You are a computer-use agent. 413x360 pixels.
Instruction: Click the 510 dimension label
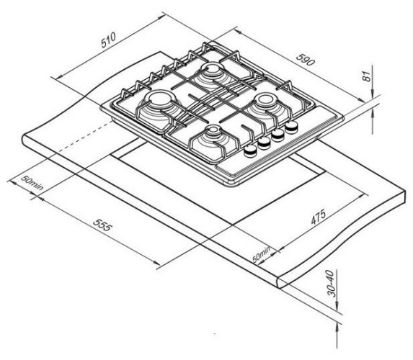click(x=109, y=40)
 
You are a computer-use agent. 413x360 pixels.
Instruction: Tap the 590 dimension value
click(x=306, y=60)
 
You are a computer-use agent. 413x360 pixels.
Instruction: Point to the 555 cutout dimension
click(x=103, y=225)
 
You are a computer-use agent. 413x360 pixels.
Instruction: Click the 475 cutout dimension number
click(x=319, y=217)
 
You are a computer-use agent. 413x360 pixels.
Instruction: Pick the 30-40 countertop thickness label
click(x=332, y=284)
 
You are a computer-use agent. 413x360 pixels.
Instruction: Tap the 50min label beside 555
click(x=32, y=182)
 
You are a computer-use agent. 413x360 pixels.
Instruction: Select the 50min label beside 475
click(x=262, y=254)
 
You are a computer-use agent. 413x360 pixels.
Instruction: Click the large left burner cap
click(x=160, y=99)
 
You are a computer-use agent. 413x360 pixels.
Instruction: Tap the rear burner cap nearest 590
click(x=213, y=68)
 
